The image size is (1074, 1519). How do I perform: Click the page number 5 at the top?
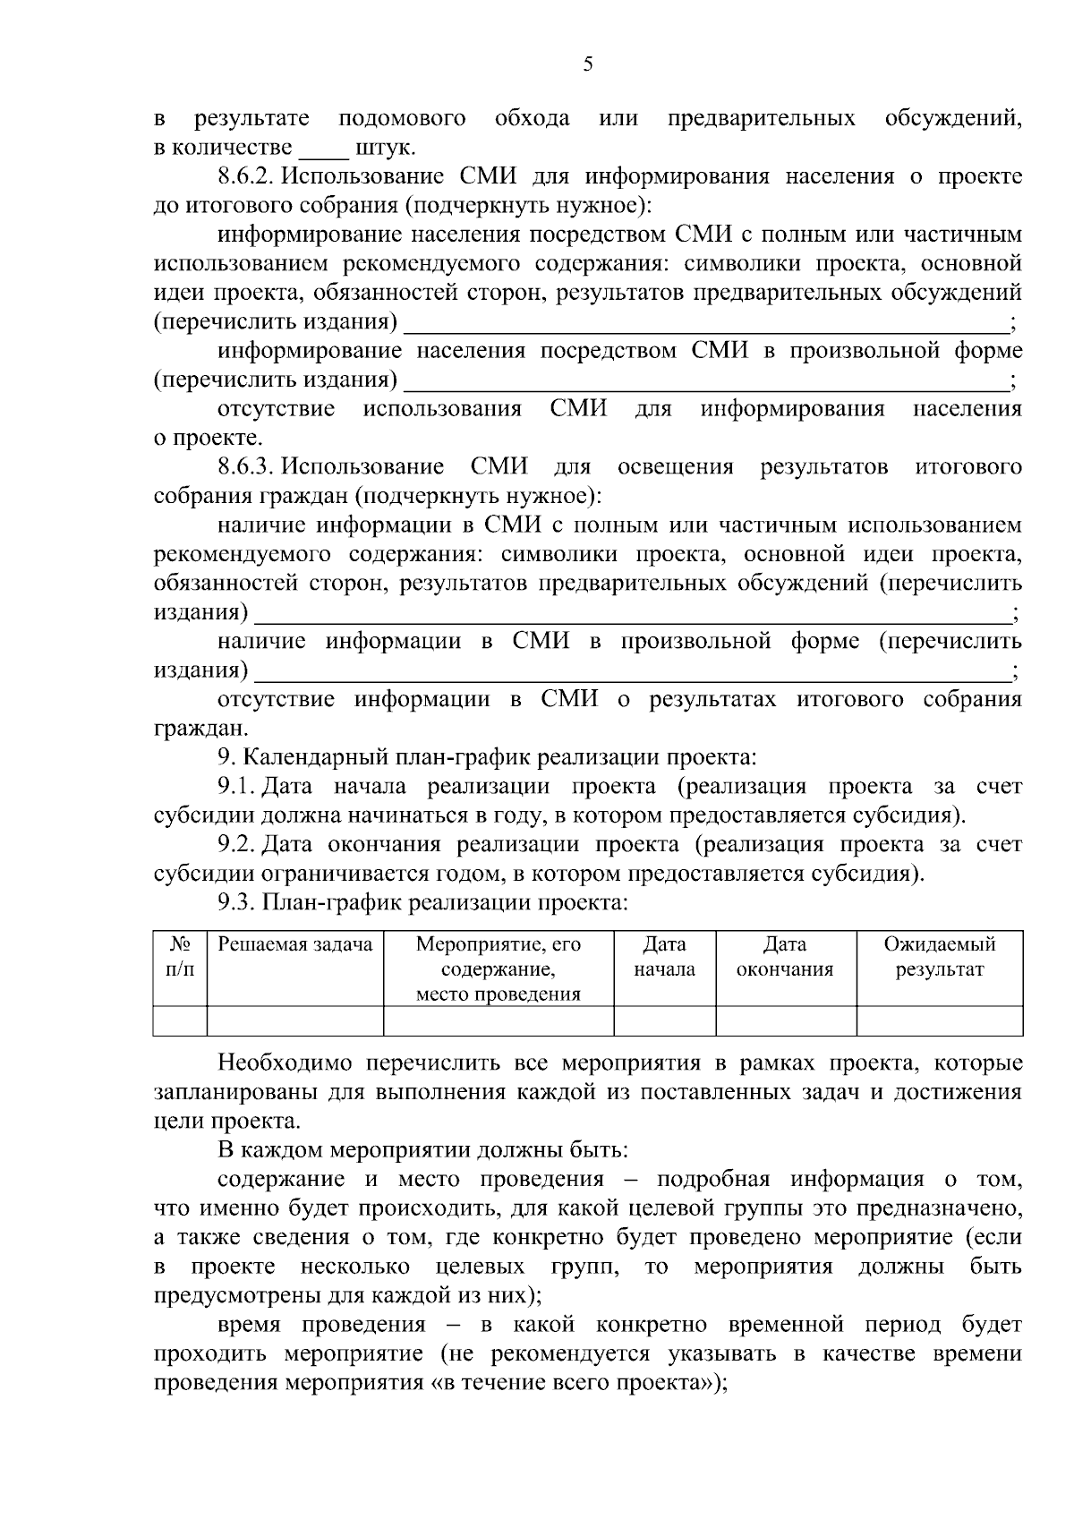pyautogui.click(x=588, y=64)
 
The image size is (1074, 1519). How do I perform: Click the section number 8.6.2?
pyautogui.click(x=247, y=176)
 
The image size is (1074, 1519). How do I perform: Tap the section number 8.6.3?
pyautogui.click(x=247, y=467)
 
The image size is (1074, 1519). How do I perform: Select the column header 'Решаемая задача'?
pyautogui.click(x=295, y=945)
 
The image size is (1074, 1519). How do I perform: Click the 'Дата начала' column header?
pyautogui.click(x=664, y=957)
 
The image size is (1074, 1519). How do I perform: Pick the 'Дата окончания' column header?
pyautogui.click(x=785, y=957)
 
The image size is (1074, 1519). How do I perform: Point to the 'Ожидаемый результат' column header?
pyautogui.click(x=939, y=957)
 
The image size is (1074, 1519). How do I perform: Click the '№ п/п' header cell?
pyautogui.click(x=180, y=957)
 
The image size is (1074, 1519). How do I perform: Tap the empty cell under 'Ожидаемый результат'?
pyautogui.click(x=939, y=1020)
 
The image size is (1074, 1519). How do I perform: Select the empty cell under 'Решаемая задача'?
pyautogui.click(x=295, y=1020)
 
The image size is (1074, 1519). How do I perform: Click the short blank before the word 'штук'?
pyautogui.click(x=322, y=149)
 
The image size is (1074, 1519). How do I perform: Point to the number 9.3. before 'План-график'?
pyautogui.click(x=237, y=903)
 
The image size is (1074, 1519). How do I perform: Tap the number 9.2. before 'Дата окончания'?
pyautogui.click(x=237, y=845)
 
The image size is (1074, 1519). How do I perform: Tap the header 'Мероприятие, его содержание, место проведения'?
pyautogui.click(x=499, y=969)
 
